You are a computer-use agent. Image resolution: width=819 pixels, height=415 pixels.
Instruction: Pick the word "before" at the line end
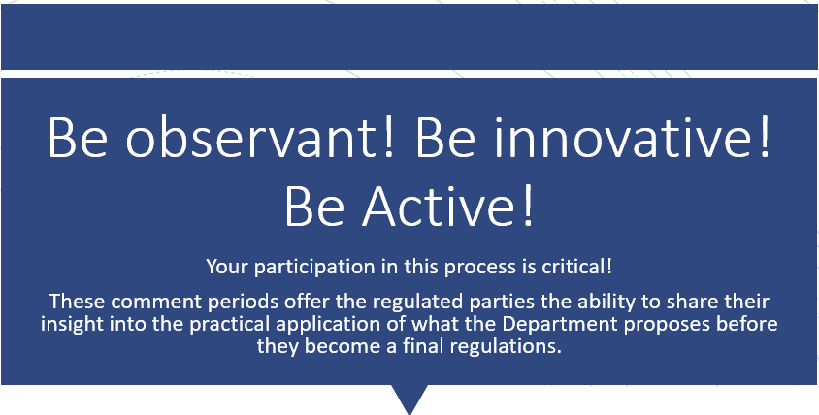[x=751, y=324]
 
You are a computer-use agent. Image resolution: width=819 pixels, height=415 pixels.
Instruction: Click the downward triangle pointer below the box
[x=409, y=397]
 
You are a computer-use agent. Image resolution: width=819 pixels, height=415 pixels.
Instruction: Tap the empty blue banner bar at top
[x=409, y=36]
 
